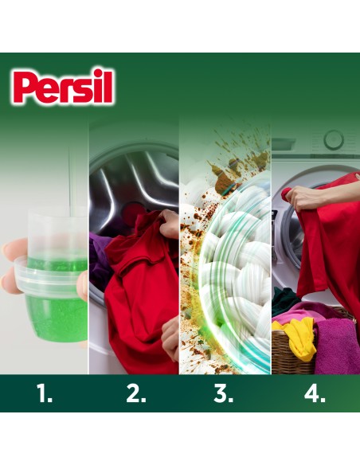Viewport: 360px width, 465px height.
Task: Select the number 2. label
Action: point(133,394)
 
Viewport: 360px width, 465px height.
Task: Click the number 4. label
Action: point(314,394)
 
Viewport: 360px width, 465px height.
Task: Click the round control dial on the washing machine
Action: point(333,141)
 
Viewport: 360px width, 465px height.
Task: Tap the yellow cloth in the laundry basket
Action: point(302,334)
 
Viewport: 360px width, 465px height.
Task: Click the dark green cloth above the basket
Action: point(284,300)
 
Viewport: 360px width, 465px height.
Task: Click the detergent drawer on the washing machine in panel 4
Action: point(284,144)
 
